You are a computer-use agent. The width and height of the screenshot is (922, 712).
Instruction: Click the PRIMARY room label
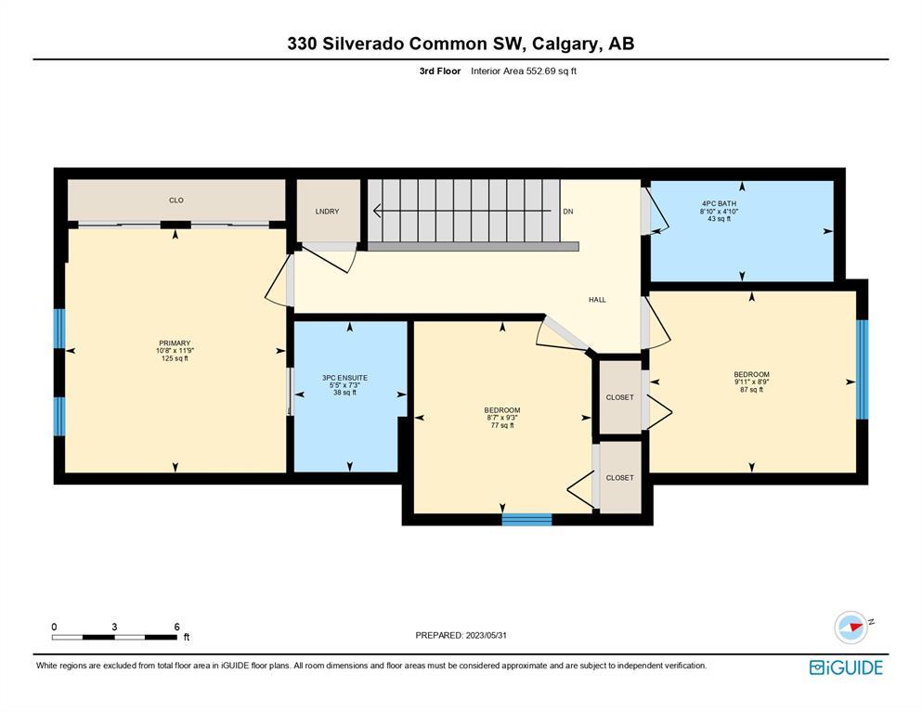pyautogui.click(x=175, y=343)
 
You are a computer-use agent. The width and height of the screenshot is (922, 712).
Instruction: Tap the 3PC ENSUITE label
pyautogui.click(x=344, y=378)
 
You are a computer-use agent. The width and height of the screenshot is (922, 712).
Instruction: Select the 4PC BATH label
pyautogui.click(x=720, y=204)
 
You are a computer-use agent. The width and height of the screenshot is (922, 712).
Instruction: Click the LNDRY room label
pyautogui.click(x=327, y=212)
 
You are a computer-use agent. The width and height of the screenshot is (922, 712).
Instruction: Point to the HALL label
pyautogui.click(x=597, y=300)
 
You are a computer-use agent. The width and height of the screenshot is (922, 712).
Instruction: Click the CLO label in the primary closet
pyautogui.click(x=176, y=201)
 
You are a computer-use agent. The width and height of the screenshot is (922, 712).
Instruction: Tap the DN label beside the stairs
pyautogui.click(x=568, y=212)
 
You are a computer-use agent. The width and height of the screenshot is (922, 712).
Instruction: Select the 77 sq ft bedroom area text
pyautogui.click(x=502, y=425)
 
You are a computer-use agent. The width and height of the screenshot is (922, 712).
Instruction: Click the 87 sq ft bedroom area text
pyautogui.click(x=751, y=389)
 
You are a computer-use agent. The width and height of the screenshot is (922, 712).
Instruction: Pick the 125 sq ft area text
pyautogui.click(x=175, y=358)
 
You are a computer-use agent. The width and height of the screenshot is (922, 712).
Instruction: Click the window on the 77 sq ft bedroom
pyautogui.click(x=526, y=519)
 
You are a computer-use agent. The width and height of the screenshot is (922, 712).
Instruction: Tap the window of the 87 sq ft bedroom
pyautogui.click(x=862, y=369)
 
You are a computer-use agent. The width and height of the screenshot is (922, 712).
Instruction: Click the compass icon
pyautogui.click(x=851, y=628)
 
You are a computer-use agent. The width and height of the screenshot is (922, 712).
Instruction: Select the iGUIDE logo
pyautogui.click(x=846, y=667)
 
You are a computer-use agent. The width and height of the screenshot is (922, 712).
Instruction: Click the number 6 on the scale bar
pyautogui.click(x=176, y=627)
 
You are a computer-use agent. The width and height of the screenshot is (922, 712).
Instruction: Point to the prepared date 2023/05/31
pyautogui.click(x=487, y=636)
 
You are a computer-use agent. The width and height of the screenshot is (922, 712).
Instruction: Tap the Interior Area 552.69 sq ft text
pyautogui.click(x=524, y=71)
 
